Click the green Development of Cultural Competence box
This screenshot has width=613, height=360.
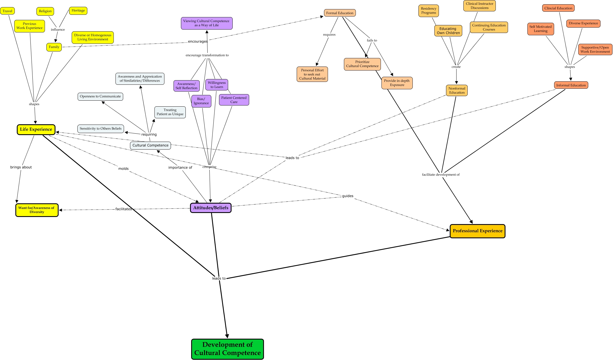(x=227, y=349)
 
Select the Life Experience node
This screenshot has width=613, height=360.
(x=36, y=129)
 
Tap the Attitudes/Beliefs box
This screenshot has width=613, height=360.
(x=210, y=208)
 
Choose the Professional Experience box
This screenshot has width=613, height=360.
(x=477, y=231)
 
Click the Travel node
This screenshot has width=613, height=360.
(x=7, y=11)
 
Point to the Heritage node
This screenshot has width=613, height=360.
(x=78, y=11)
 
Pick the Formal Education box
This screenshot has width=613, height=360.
(x=340, y=13)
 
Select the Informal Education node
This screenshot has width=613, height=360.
(x=571, y=85)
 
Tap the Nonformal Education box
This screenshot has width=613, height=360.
(x=457, y=90)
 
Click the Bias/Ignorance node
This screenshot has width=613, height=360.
(x=201, y=101)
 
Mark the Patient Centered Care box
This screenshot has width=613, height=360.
(x=234, y=100)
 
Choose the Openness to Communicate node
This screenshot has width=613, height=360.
(x=100, y=96)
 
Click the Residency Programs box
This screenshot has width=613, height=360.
(x=428, y=11)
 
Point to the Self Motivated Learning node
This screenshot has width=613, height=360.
(x=540, y=29)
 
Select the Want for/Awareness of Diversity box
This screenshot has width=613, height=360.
(x=37, y=210)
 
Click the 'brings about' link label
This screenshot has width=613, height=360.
(x=21, y=167)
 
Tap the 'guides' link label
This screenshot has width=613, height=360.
(x=348, y=196)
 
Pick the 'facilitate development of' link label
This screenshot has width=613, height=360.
(x=441, y=175)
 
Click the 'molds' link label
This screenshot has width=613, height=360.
(x=123, y=169)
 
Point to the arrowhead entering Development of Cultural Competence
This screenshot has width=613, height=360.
(x=227, y=336)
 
